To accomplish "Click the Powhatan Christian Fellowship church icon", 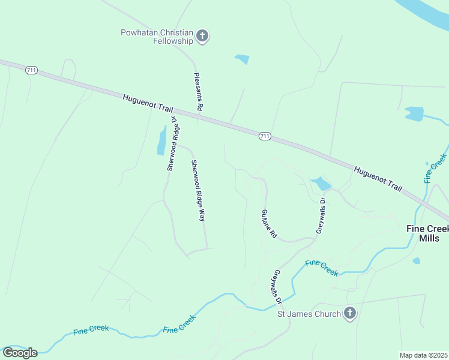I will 202,37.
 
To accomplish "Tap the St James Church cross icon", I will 350,313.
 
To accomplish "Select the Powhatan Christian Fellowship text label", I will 157,37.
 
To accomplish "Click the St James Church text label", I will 309,313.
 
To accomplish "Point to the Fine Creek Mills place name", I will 427,233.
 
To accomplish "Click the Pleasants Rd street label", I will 199,92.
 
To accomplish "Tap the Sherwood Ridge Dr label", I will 173,143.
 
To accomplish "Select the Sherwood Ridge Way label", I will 198,191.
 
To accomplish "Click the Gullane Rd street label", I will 268,224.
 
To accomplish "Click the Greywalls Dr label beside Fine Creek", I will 277,284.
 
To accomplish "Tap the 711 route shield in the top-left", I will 32,70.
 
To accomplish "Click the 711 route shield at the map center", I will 265,136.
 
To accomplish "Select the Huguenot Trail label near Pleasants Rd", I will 148,103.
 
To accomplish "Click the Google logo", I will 20,353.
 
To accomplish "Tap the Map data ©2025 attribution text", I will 424,355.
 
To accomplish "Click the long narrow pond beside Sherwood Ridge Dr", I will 161,141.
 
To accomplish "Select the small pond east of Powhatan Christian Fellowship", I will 242,59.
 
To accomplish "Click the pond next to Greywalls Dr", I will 321,183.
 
